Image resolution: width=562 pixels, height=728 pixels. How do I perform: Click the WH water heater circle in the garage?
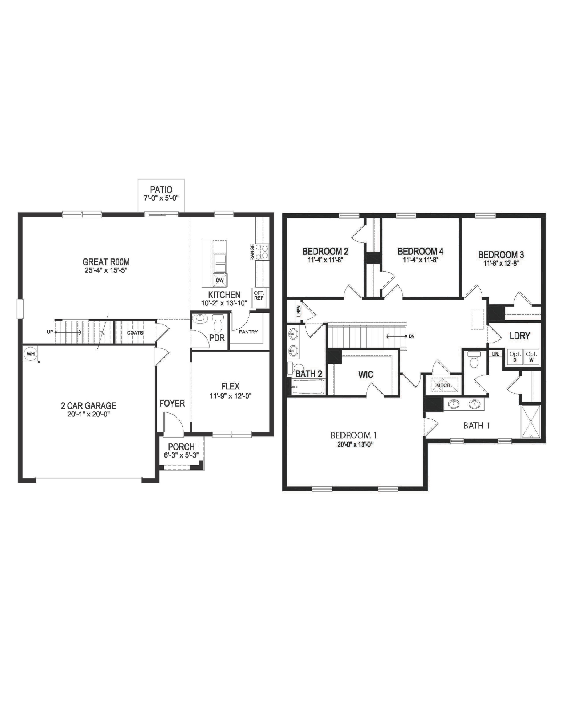pyautogui.click(x=31, y=353)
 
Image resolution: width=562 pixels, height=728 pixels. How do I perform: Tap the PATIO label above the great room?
pyautogui.click(x=161, y=190)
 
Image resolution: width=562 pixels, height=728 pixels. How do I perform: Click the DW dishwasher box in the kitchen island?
pyautogui.click(x=219, y=280)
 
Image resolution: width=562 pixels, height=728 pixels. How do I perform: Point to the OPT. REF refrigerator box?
pyautogui.click(x=259, y=295)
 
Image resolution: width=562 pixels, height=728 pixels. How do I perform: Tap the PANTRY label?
pyautogui.click(x=248, y=332)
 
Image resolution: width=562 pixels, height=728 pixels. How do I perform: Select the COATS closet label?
pyautogui.click(x=135, y=333)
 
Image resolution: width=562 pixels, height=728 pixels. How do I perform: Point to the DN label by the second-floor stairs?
pyautogui.click(x=411, y=336)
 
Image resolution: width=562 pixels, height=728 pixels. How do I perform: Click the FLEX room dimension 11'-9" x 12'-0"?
pyautogui.click(x=230, y=396)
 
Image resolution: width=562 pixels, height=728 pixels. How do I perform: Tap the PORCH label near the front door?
pyautogui.click(x=181, y=447)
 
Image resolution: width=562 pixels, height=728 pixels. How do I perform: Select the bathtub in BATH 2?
pyautogui.click(x=308, y=387)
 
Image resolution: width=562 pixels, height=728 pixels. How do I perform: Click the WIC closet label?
pyautogui.click(x=366, y=375)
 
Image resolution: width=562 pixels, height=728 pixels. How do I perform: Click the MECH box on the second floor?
pyautogui.click(x=443, y=385)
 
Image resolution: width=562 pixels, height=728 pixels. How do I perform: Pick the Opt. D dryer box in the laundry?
pyautogui.click(x=515, y=357)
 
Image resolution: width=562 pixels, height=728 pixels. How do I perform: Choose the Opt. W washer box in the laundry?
pyautogui.click(x=531, y=357)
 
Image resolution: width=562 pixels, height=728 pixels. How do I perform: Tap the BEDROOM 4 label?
pyautogui.click(x=420, y=251)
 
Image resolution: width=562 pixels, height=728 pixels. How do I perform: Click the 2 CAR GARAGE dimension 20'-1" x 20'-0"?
pyautogui.click(x=88, y=414)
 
